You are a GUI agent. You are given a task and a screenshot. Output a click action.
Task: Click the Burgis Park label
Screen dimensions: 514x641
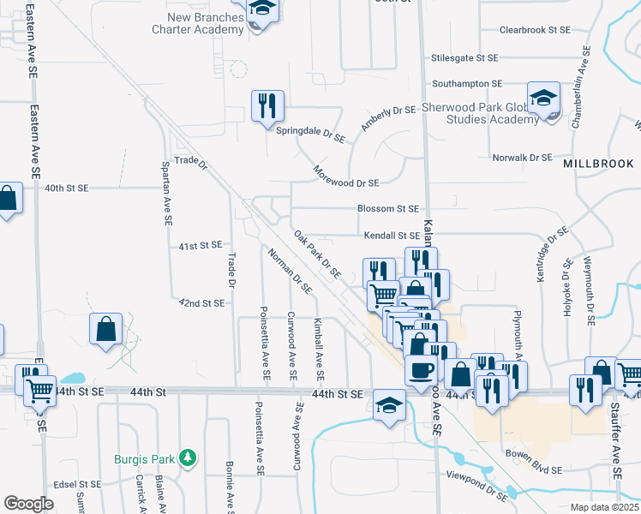click(147, 459)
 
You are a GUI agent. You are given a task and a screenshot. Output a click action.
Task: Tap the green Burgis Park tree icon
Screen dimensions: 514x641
click(188, 459)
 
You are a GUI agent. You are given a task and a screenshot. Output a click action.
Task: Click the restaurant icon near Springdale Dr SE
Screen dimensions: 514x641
click(267, 105)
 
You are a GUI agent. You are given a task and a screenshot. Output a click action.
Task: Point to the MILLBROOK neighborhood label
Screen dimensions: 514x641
click(598, 163)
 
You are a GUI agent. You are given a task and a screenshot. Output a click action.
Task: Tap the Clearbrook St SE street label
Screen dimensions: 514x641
click(535, 29)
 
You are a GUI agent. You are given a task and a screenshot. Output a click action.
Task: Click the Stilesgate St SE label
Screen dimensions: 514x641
click(464, 58)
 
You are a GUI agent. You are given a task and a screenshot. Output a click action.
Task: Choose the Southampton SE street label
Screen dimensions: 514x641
click(467, 84)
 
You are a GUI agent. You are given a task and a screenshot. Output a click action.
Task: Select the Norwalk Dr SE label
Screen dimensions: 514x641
click(522, 158)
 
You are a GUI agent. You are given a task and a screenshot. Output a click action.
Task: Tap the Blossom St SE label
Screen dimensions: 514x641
click(388, 208)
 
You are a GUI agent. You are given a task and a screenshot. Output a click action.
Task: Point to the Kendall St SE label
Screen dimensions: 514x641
click(391, 235)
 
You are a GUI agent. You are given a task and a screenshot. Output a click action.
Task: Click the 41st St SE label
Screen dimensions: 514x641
click(201, 246)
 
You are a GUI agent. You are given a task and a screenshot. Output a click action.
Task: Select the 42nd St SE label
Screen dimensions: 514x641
click(201, 303)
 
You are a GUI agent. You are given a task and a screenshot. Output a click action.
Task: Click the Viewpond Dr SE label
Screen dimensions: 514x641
click(476, 474)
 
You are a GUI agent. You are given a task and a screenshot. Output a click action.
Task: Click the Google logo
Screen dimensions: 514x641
click(28, 504)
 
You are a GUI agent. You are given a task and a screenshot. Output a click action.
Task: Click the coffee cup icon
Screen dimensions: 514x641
click(420, 371)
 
